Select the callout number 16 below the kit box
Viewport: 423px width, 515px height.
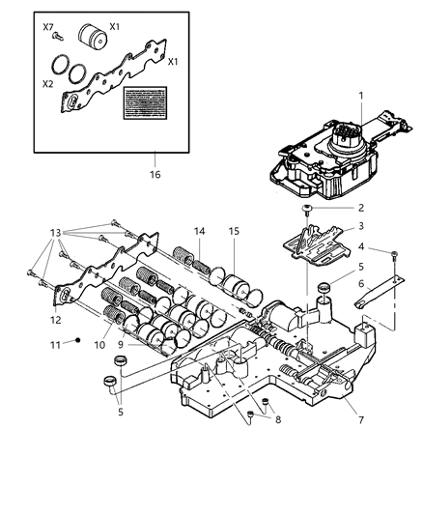pyautogui.click(x=154, y=175)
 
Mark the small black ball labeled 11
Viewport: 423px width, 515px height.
pyautogui.click(x=78, y=342)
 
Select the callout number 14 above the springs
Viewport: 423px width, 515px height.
pyautogui.click(x=198, y=231)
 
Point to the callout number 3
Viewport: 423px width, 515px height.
pyautogui.click(x=359, y=226)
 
